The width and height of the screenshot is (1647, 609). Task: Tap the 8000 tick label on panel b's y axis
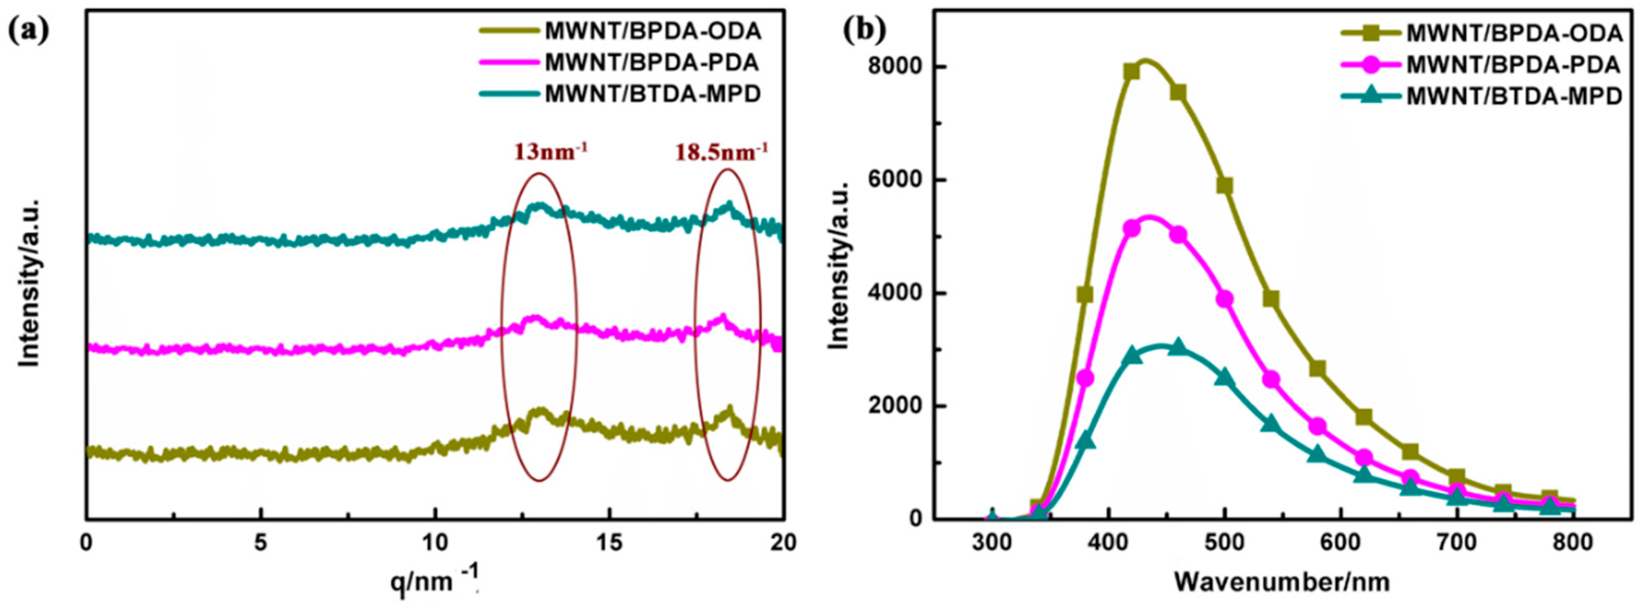(894, 67)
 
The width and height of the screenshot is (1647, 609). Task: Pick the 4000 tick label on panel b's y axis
(894, 293)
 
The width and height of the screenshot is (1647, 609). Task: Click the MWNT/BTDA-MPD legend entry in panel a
(653, 94)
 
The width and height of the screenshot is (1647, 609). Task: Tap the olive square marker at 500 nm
(1224, 186)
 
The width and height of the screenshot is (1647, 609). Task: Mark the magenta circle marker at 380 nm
(1085, 378)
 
